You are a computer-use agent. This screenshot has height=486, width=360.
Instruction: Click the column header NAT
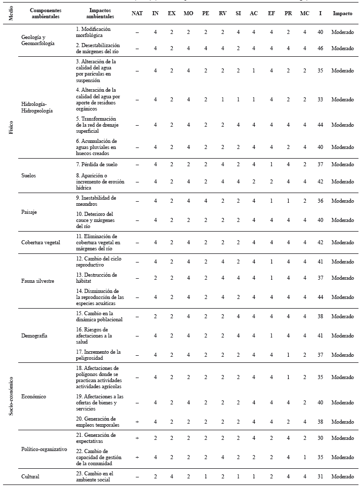pyautogui.click(x=137, y=13)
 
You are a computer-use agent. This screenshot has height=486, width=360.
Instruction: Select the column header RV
pyautogui.click(x=221, y=13)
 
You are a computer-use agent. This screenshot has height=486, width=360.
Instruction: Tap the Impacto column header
pyautogui.click(x=343, y=13)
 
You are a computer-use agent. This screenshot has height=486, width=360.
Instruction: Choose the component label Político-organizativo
pyautogui.click(x=45, y=450)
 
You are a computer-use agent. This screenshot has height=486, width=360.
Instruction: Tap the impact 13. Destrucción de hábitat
pyautogui.click(x=96, y=278)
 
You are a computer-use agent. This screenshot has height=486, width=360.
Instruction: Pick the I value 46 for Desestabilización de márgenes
pyautogui.click(x=321, y=48)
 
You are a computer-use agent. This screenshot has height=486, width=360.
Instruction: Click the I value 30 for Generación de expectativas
pyautogui.click(x=321, y=438)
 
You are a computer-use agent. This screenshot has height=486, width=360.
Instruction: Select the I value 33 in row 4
pyautogui.click(x=321, y=99)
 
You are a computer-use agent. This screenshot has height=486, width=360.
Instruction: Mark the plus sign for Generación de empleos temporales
pyautogui.click(x=137, y=421)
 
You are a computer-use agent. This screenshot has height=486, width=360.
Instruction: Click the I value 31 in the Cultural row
pyautogui.click(x=321, y=476)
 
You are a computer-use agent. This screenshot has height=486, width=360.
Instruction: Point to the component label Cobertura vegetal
pyautogui.click(x=41, y=242)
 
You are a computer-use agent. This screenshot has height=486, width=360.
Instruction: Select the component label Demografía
pyautogui.click(x=35, y=336)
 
